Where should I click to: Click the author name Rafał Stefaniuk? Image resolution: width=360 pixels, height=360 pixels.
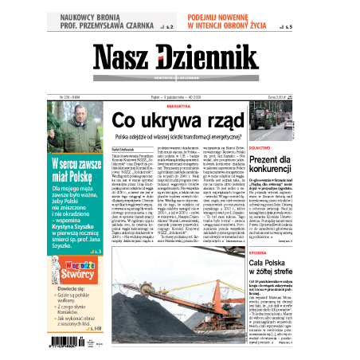click(x=124, y=148)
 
